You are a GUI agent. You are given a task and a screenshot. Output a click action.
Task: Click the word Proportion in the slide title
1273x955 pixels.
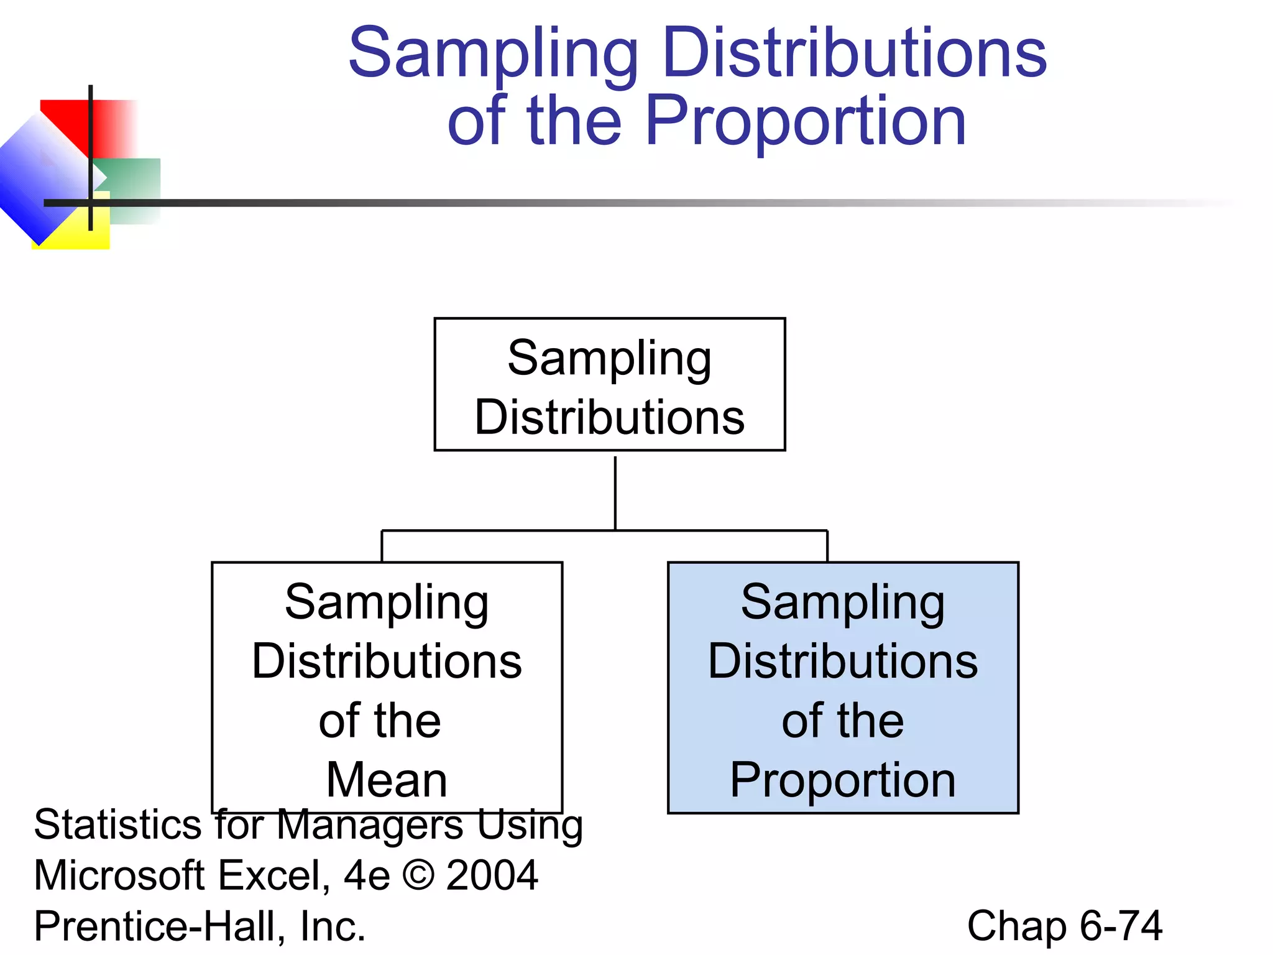pos(805,121)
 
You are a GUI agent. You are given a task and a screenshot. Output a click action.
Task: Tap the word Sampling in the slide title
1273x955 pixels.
pos(493,54)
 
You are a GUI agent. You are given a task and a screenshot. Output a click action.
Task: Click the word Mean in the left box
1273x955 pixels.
pos(387,780)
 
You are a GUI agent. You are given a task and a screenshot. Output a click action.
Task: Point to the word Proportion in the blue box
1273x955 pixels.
pos(842,780)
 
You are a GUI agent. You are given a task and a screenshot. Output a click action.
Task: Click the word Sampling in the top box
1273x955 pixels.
pos(609,359)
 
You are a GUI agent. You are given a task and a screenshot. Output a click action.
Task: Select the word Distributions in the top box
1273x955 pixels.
pos(609,417)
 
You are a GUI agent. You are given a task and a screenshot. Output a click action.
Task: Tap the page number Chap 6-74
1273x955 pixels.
pos(1064,926)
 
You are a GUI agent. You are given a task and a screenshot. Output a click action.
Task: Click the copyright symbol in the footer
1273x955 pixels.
pos(418,875)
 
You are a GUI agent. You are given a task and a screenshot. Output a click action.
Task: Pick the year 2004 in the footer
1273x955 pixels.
pos(492,875)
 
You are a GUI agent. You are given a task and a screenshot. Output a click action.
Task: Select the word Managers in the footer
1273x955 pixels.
pos(370,826)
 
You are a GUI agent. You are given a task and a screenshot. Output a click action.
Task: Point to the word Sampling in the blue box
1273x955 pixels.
pos(842,602)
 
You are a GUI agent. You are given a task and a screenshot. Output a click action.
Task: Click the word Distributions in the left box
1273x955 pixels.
pos(387,661)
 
